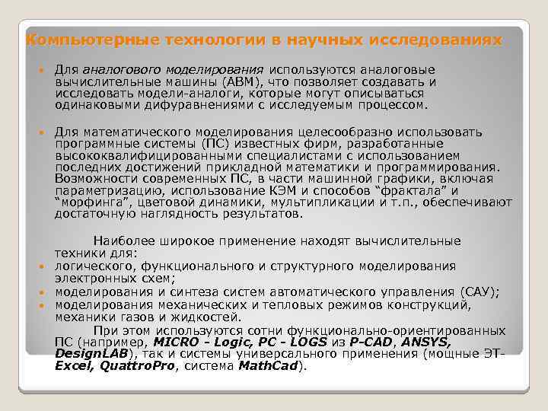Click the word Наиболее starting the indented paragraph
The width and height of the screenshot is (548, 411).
(121, 241)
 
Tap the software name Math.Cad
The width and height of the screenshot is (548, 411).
(269, 366)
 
